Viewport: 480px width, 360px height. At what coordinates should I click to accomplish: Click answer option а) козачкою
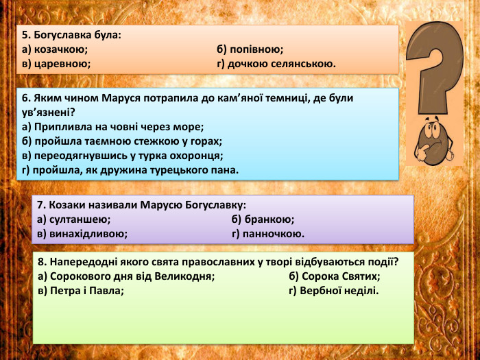tap(55, 49)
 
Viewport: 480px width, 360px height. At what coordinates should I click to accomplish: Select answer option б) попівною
tap(250, 49)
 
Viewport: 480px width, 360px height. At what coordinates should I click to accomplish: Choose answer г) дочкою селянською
tap(276, 64)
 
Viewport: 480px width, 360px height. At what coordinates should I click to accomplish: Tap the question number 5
tap(25, 34)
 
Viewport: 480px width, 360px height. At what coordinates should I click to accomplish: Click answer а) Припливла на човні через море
tap(113, 127)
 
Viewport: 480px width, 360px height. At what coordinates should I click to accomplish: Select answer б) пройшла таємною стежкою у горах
tap(122, 141)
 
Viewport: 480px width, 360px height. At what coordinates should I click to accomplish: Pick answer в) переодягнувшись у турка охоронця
tap(123, 156)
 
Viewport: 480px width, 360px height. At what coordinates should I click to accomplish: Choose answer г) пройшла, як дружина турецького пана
tap(130, 170)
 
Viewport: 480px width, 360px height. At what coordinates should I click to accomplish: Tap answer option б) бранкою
tap(263, 219)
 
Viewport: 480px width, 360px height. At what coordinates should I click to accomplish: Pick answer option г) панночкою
tap(268, 234)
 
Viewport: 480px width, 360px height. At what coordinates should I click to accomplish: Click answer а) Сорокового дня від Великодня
tap(127, 276)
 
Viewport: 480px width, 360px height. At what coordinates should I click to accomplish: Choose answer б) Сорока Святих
tap(335, 276)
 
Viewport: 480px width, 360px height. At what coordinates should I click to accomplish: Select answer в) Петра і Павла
tap(81, 290)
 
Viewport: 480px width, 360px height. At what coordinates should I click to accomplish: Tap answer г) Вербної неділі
tap(334, 290)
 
